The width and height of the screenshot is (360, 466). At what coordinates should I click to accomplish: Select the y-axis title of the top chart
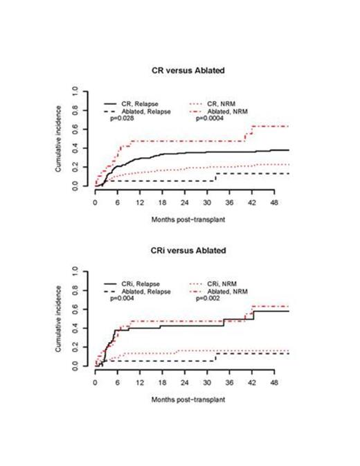(x=63, y=138)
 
